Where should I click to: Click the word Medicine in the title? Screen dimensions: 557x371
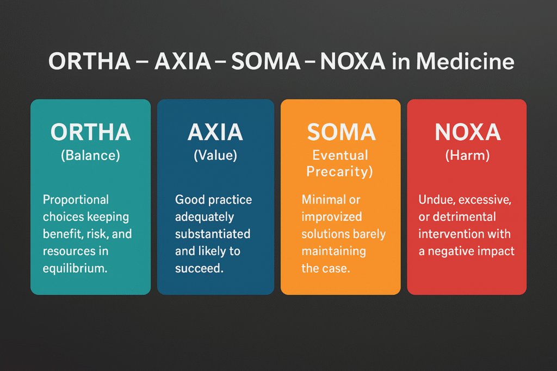(465, 61)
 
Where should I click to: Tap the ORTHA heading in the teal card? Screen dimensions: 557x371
(91, 132)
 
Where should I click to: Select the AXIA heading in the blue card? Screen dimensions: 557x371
(215, 132)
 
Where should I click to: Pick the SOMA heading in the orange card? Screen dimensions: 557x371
(341, 132)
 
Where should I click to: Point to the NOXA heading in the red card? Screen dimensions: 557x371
(467, 132)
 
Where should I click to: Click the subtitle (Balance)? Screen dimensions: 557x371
(91, 155)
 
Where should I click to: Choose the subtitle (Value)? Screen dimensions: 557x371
(215, 155)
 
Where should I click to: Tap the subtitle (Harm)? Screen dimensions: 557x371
(467, 155)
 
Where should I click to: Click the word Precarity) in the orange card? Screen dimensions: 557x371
(339, 172)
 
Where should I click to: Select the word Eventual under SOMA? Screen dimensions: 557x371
(340, 155)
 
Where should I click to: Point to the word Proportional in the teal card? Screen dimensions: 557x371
(76, 200)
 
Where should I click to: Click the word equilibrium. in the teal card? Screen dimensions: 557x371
(75, 268)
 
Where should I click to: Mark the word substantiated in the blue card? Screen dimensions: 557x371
(213, 234)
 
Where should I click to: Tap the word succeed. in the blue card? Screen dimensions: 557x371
(199, 268)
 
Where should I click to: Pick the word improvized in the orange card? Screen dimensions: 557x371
(331, 217)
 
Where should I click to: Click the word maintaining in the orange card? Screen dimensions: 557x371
(333, 251)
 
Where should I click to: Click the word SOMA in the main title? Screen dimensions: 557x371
(265, 61)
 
